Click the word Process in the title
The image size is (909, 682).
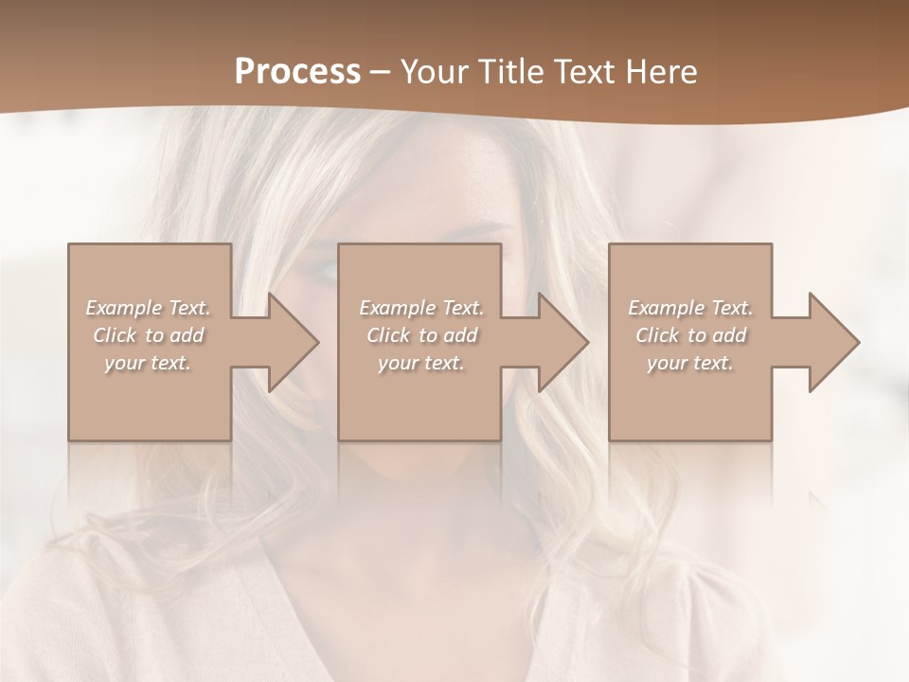click(297, 72)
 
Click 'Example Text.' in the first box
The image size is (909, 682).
click(148, 308)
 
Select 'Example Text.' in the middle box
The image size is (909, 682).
click(421, 308)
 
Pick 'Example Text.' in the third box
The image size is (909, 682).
click(690, 308)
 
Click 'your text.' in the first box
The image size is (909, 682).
click(148, 363)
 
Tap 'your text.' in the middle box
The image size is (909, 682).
click(421, 363)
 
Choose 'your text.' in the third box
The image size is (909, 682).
click(690, 363)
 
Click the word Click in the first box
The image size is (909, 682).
click(115, 335)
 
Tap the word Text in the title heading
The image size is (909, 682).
click(579, 72)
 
